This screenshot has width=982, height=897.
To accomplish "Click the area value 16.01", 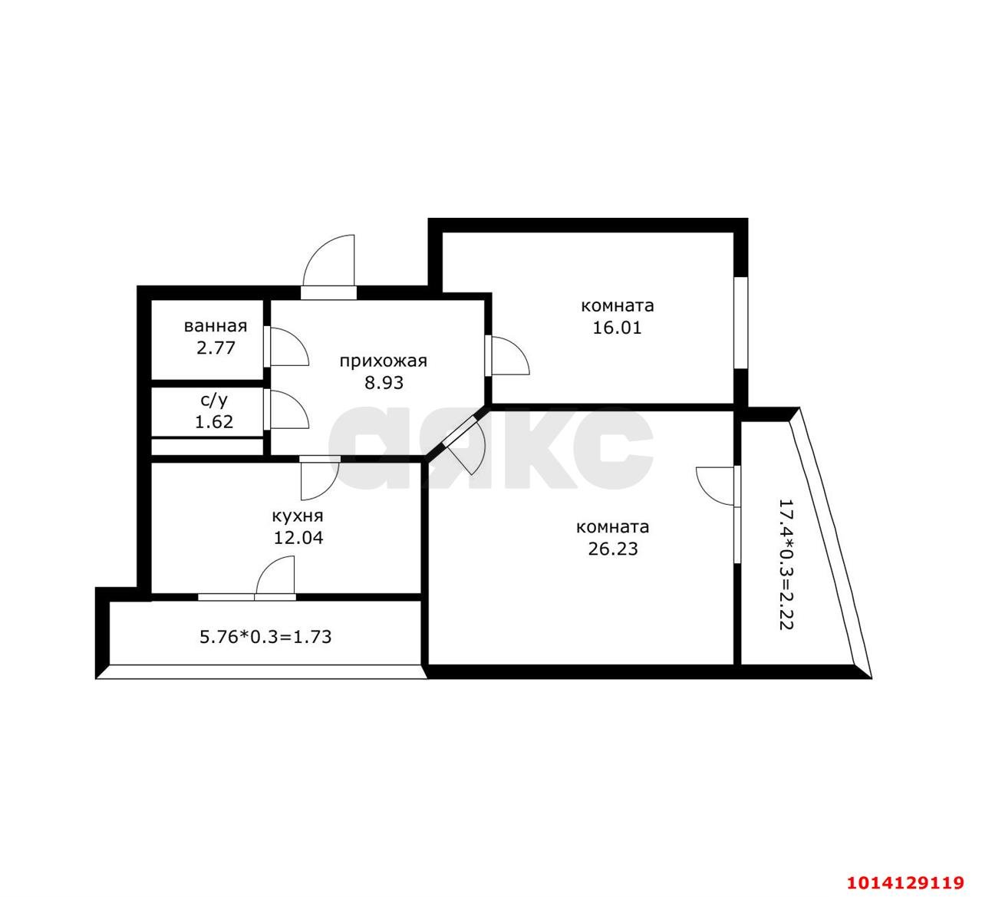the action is (x=617, y=328).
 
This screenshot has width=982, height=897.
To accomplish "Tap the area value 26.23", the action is (x=613, y=549).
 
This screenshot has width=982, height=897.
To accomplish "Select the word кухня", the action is (x=298, y=516).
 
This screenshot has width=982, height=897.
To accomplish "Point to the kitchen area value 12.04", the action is (x=298, y=538).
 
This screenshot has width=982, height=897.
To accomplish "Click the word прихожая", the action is (x=384, y=361).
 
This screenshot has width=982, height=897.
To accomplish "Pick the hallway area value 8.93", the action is (x=384, y=382).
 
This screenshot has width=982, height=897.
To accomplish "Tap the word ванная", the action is (x=216, y=326).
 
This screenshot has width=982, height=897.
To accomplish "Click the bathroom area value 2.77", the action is (x=216, y=348).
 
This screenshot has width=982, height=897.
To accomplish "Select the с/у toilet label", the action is (x=214, y=400).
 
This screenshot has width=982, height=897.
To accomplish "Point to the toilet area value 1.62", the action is (x=214, y=421).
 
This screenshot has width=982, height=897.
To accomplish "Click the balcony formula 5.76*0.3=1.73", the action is (x=265, y=637).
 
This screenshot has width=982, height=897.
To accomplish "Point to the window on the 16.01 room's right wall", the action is (x=741, y=323).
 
